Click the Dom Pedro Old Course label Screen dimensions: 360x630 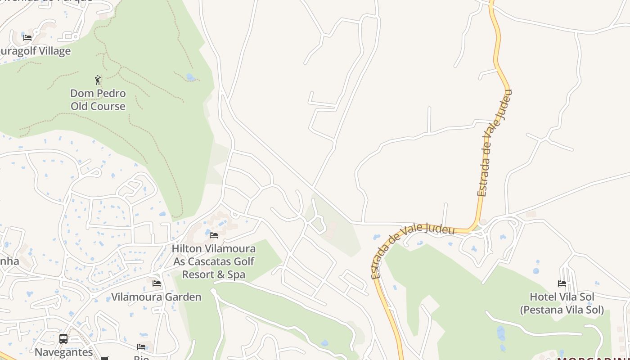(98, 100)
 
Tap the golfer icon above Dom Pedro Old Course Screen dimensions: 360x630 (98, 80)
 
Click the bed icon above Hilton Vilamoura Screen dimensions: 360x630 (214, 235)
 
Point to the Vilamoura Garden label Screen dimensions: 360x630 (156, 297)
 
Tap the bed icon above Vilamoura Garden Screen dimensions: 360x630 (156, 283)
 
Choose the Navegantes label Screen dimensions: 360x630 (63, 352)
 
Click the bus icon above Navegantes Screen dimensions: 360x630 (63, 338)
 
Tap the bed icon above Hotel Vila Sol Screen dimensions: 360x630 (562, 283)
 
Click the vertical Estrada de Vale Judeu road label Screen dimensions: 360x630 (494, 143)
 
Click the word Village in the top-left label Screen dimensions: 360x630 (50, 51)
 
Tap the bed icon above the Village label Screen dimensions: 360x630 (27, 37)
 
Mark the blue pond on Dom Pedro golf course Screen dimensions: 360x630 (191, 77)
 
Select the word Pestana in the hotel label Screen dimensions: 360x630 (543, 310)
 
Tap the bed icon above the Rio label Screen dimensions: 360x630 (141, 346)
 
